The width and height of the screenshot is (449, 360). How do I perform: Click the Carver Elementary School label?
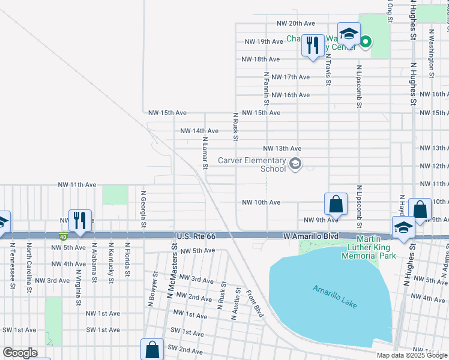(252, 164)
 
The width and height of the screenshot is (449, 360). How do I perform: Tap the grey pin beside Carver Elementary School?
(295, 164)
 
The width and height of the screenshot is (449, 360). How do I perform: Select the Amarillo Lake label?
(334, 296)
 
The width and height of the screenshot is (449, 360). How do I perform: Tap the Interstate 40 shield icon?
(64, 236)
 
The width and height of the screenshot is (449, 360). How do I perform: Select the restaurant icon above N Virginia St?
(79, 220)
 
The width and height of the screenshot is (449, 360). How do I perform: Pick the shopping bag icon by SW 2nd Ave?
(152, 349)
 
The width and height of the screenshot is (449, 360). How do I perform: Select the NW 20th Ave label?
(296, 23)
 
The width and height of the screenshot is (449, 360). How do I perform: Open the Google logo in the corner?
(20, 352)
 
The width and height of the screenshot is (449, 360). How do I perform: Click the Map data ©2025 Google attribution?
(411, 355)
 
